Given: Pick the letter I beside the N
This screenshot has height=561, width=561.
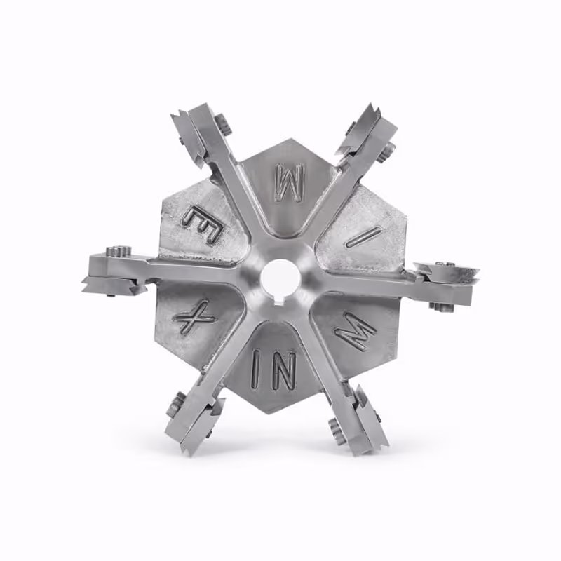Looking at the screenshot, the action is [x=258, y=369].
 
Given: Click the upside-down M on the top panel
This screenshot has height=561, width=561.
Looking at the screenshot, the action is [x=289, y=182].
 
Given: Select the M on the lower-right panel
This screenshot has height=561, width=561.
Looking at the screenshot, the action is [x=356, y=332].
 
